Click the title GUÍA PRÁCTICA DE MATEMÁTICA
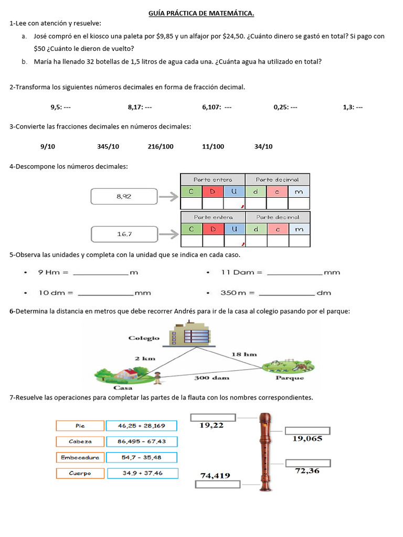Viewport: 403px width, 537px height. point(201,13)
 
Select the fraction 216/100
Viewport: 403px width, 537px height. point(161,147)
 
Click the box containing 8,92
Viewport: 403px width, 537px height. point(124,197)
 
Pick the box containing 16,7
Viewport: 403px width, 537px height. point(124,234)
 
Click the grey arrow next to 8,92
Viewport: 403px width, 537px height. point(169,197)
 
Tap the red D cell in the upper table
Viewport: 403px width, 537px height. point(213,191)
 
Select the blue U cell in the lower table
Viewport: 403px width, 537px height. point(235,229)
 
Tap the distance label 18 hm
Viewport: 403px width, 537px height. point(244,355)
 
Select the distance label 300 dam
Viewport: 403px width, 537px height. point(211,378)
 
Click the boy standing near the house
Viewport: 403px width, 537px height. point(157,378)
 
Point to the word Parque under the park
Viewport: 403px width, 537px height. point(290,378)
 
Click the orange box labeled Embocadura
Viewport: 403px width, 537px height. point(80,457)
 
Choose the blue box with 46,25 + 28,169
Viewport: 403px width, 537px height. point(142,426)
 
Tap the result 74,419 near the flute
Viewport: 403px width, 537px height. point(215,475)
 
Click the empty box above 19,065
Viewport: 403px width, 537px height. point(307,431)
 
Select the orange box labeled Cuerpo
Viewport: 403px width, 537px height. point(80,474)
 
